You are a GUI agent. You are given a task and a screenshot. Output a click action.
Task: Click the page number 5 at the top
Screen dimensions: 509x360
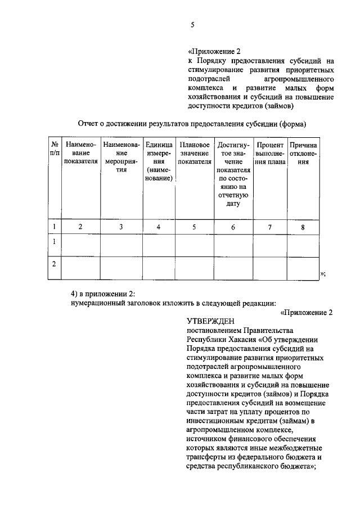(x=192, y=25)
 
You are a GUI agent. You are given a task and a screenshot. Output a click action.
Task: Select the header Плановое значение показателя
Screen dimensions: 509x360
(x=195, y=153)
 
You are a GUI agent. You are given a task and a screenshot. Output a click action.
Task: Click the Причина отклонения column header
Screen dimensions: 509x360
(x=303, y=153)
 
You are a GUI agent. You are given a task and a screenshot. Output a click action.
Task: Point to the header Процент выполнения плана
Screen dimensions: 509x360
(x=269, y=153)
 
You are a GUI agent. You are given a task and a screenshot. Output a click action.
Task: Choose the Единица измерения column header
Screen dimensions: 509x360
(x=159, y=161)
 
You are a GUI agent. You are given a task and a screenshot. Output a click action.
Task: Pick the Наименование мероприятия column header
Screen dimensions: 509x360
(x=121, y=157)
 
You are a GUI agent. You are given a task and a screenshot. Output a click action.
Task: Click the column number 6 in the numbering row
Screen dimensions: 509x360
(x=233, y=227)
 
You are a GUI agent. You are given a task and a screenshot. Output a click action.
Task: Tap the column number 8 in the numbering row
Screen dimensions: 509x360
(x=303, y=227)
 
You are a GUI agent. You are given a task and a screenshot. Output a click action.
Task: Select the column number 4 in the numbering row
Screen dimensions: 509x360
(x=159, y=227)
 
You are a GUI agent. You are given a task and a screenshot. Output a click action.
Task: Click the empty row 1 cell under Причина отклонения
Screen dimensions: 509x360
(x=303, y=245)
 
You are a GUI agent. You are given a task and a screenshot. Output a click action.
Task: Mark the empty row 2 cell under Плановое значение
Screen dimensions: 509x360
(x=195, y=268)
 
